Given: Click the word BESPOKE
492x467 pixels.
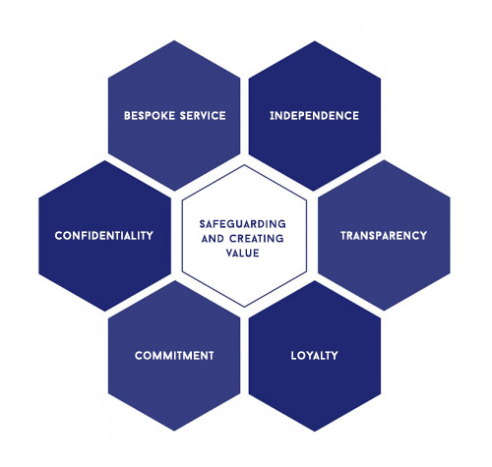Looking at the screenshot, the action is pyautogui.click(x=150, y=116).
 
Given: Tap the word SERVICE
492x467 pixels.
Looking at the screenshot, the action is pyautogui.click(x=203, y=116).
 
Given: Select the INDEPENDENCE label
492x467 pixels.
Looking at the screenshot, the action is pyautogui.click(x=314, y=116).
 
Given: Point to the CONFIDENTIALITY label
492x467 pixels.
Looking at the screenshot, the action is pyautogui.click(x=104, y=236).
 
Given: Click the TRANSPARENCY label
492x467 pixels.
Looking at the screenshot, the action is pyautogui.click(x=384, y=236).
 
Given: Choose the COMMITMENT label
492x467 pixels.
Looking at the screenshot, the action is pyautogui.click(x=174, y=356).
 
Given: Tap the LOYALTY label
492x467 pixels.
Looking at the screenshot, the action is pyautogui.click(x=314, y=356).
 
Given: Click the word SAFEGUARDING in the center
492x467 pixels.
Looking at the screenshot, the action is pyautogui.click(x=243, y=224).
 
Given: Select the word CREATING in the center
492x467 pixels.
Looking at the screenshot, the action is pyautogui.click(x=257, y=239).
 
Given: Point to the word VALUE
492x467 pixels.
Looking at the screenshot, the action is pyautogui.click(x=243, y=253).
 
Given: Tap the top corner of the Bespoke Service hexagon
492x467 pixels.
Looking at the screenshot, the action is pyautogui.click(x=174, y=40).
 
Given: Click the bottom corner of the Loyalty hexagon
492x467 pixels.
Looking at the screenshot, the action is pyautogui.click(x=315, y=432).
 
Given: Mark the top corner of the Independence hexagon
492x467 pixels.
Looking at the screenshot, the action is pyautogui.click(x=315, y=41).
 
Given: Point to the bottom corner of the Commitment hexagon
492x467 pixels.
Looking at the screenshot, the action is pyautogui.click(x=174, y=431).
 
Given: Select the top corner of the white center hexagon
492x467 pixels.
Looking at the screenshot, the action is pyautogui.click(x=244, y=165).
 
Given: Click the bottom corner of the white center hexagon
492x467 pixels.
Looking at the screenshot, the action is pyautogui.click(x=244, y=308).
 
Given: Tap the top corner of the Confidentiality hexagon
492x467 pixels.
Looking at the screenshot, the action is pyautogui.click(x=105, y=160).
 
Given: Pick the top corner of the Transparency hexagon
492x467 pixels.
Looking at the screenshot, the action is pyautogui.click(x=384, y=160).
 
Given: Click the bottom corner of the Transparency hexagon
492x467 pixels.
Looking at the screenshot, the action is pyautogui.click(x=384, y=311).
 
